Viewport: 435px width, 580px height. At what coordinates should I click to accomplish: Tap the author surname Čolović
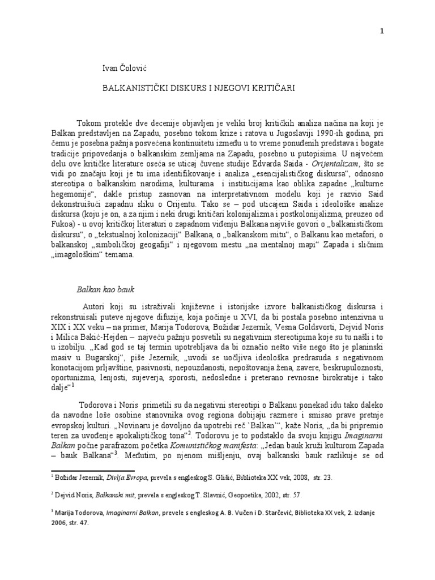click(135, 69)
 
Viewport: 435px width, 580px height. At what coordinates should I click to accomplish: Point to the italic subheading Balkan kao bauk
click(105, 289)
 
